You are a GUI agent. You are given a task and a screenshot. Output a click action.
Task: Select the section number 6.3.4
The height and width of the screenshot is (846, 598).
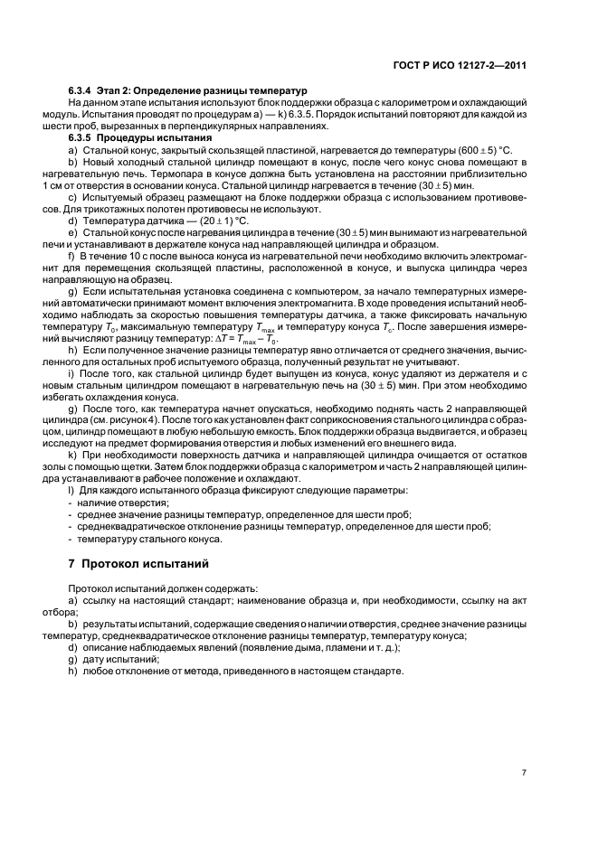click(83, 92)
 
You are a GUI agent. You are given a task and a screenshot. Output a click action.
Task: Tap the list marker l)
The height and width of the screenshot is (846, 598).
click(71, 490)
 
